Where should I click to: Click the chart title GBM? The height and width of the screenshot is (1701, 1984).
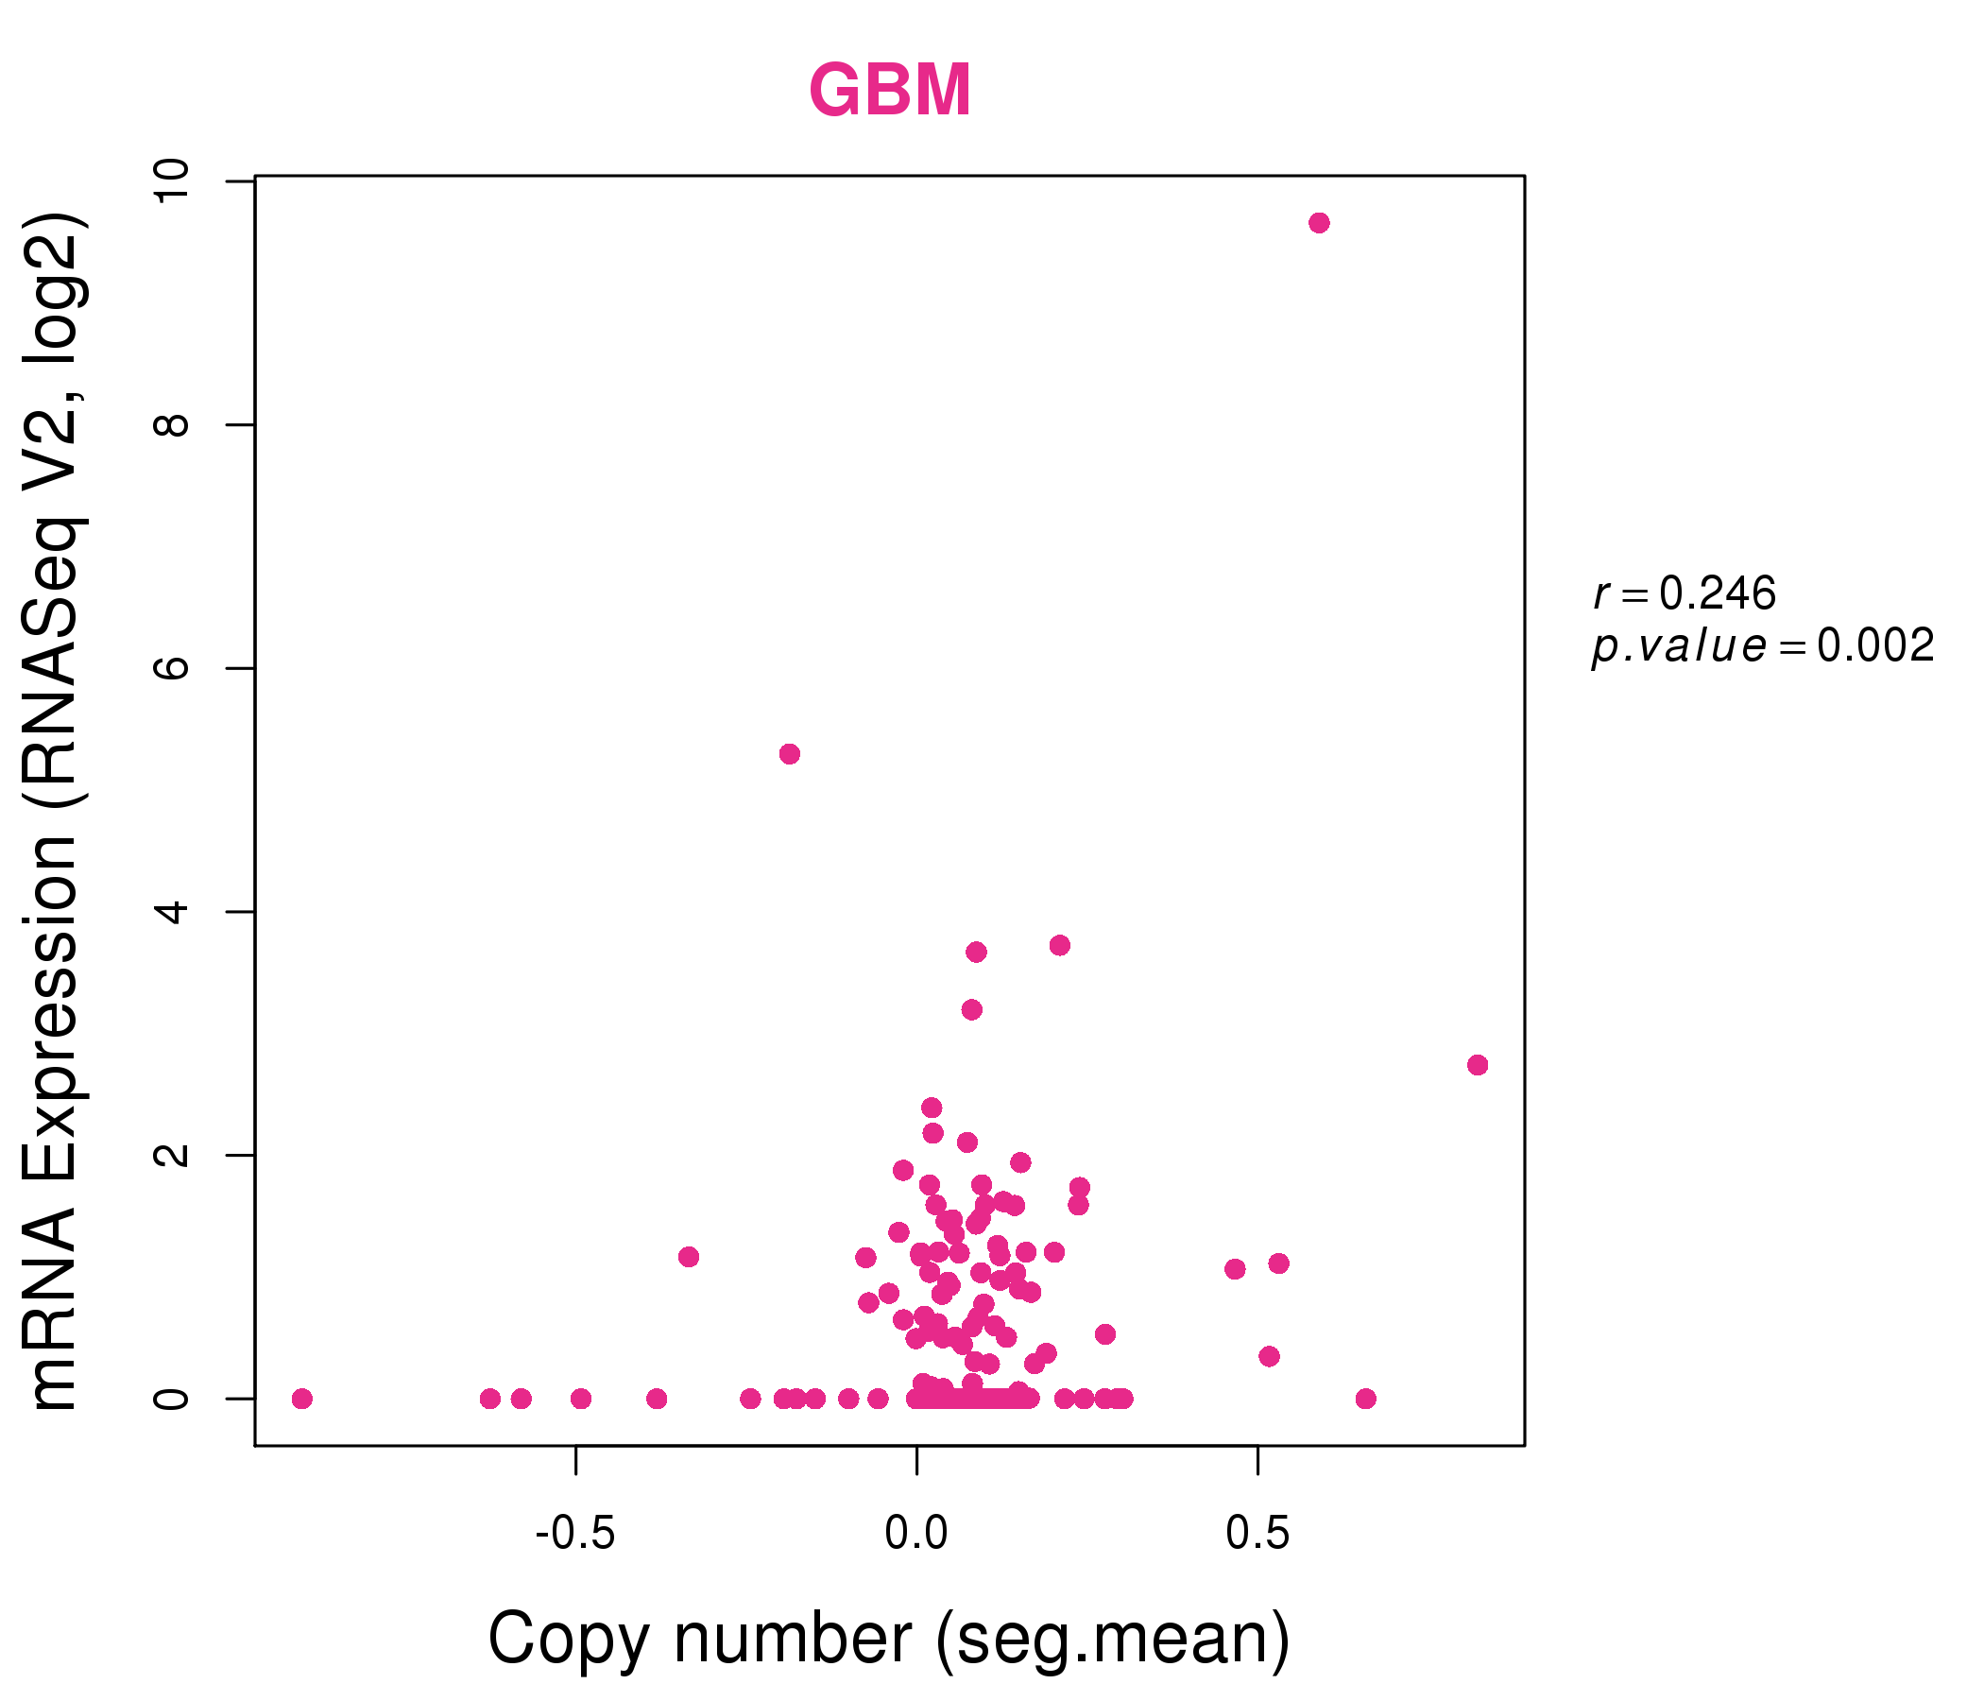[890, 91]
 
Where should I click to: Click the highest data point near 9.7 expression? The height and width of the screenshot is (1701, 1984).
[1319, 223]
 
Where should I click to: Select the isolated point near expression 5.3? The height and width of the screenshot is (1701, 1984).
[789, 754]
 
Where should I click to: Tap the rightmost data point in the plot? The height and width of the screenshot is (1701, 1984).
[1478, 1065]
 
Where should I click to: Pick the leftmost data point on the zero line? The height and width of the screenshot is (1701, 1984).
[301, 1399]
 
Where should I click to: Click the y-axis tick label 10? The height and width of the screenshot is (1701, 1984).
[172, 180]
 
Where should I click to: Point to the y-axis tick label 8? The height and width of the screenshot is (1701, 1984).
[172, 424]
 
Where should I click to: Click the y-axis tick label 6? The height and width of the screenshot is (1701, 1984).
[172, 667]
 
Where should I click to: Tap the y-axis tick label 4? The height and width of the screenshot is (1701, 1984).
[172, 911]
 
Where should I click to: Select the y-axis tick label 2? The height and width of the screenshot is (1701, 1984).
[172, 1154]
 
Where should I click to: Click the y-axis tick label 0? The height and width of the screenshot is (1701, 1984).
[172, 1399]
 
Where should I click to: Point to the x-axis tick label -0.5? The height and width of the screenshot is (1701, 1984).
[574, 1534]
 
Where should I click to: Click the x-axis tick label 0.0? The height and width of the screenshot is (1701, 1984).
[916, 1534]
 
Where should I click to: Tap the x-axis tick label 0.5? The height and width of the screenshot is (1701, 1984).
[1257, 1534]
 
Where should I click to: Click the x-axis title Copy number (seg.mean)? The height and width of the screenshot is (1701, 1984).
[890, 1639]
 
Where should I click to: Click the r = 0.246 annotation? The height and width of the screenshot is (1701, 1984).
[1685, 593]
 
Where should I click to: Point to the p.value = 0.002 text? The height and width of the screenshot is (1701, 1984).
[1763, 646]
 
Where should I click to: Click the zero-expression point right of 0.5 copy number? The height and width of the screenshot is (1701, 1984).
[1365, 1399]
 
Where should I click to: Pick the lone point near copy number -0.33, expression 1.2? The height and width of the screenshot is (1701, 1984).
[689, 1257]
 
